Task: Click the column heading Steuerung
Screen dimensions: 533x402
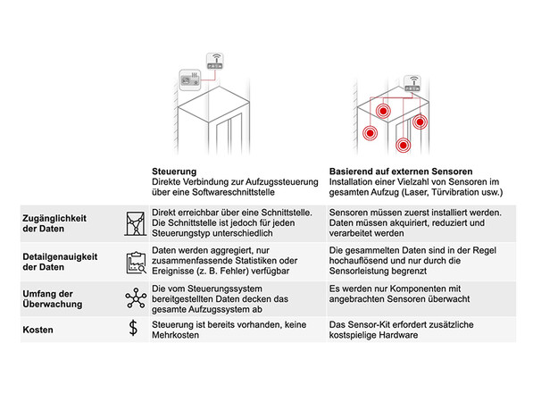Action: tap(174, 172)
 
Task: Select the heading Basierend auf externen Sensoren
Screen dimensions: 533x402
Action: tap(401, 172)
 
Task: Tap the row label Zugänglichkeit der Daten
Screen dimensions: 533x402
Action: tap(54, 223)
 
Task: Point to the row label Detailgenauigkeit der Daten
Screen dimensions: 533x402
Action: tap(60, 262)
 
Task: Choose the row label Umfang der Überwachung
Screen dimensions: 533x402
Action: tap(53, 299)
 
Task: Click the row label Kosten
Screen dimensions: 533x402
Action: tap(37, 330)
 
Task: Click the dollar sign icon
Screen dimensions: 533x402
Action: tap(133, 328)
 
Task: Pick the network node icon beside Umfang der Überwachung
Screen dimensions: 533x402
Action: tap(136, 298)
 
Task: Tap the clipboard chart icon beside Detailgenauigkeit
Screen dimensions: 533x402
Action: tap(136, 263)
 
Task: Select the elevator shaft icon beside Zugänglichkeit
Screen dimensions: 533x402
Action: tap(136, 223)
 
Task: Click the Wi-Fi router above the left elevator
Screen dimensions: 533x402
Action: tap(215, 62)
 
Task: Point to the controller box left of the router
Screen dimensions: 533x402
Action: tap(189, 80)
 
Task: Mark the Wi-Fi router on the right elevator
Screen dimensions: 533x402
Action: tap(412, 84)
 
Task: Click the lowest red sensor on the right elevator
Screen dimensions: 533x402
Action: tap(404, 146)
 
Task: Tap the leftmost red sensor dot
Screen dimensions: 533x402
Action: tap(370, 133)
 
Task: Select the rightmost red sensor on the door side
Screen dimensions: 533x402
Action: tap(421, 121)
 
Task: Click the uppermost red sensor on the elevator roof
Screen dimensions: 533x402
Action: tap(383, 111)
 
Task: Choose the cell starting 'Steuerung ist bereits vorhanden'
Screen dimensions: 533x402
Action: tap(229, 330)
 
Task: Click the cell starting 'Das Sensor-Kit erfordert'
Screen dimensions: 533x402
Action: tap(401, 330)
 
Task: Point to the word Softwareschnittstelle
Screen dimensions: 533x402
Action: tap(233, 192)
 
